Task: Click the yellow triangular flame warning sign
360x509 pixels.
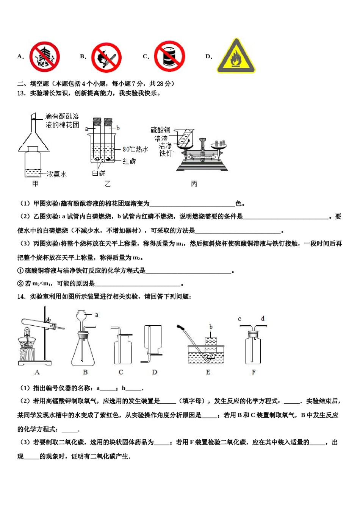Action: (236, 57)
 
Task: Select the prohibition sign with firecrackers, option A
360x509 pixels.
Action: (45, 57)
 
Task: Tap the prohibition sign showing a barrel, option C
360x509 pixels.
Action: (169, 56)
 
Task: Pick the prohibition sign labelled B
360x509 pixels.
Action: (106, 57)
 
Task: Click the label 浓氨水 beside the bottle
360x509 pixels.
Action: (56, 174)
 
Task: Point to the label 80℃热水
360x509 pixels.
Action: (135, 149)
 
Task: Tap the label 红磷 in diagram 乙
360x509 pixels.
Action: (129, 161)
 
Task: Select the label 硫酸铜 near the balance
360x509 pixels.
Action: (160, 130)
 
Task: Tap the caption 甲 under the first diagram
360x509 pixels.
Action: (35, 184)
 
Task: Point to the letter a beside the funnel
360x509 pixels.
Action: (97, 314)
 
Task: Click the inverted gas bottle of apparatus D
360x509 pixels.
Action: (153, 339)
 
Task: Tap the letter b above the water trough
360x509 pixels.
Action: (211, 326)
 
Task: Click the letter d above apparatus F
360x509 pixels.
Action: (263, 319)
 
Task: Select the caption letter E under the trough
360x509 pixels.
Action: (208, 372)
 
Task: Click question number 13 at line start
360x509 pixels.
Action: (21, 93)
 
